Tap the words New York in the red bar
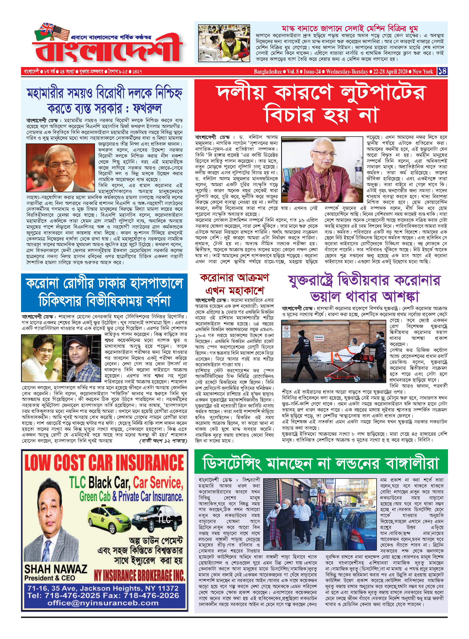tap(423, 72)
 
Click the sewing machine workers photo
tap(224, 43)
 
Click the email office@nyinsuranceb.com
tap(103, 603)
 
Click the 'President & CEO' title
tap(50, 578)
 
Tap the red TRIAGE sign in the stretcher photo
tap(319, 337)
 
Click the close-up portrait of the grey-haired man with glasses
tap(60, 168)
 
